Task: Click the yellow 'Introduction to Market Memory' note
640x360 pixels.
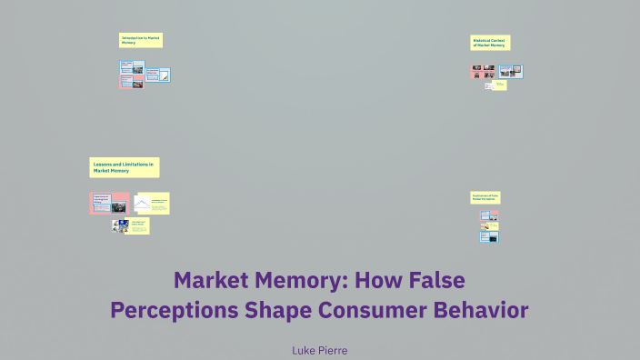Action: click(141, 40)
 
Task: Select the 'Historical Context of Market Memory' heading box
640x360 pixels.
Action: click(490, 42)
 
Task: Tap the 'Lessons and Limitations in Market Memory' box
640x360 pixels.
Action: click(125, 166)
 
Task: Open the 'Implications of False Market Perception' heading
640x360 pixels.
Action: click(485, 196)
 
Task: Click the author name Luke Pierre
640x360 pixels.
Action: click(319, 350)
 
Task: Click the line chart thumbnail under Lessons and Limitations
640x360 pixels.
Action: click(142, 203)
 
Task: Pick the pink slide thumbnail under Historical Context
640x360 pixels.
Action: click(483, 71)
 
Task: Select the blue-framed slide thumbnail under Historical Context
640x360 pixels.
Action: click(510, 71)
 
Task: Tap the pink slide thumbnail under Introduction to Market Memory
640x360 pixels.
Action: click(132, 74)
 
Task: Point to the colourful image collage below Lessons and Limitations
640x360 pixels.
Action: click(119, 226)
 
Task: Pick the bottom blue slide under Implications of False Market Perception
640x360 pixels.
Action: click(490, 236)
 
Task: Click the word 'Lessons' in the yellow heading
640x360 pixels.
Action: click(103, 163)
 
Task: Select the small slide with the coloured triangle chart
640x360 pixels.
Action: click(165, 75)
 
